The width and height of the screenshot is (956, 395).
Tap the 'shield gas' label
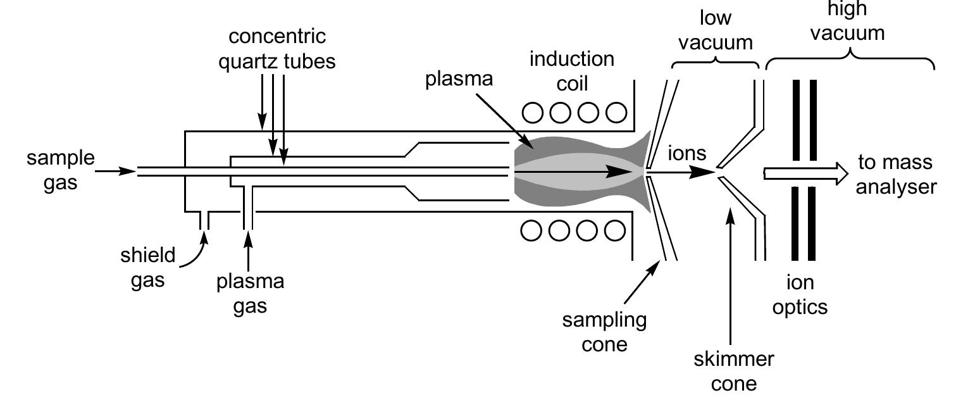tap(148, 267)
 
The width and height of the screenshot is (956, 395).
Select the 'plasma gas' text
tap(250, 294)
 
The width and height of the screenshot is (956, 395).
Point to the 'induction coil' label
tap(572, 71)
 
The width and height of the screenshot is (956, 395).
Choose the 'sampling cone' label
tap(604, 332)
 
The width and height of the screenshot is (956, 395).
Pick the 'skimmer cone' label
tap(733, 371)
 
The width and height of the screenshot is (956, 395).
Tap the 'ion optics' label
tap(804, 294)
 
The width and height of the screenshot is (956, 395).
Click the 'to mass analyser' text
tap(895, 175)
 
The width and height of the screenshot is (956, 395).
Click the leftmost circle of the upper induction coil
tap(533, 113)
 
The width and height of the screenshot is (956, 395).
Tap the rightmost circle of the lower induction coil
tap(615, 231)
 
